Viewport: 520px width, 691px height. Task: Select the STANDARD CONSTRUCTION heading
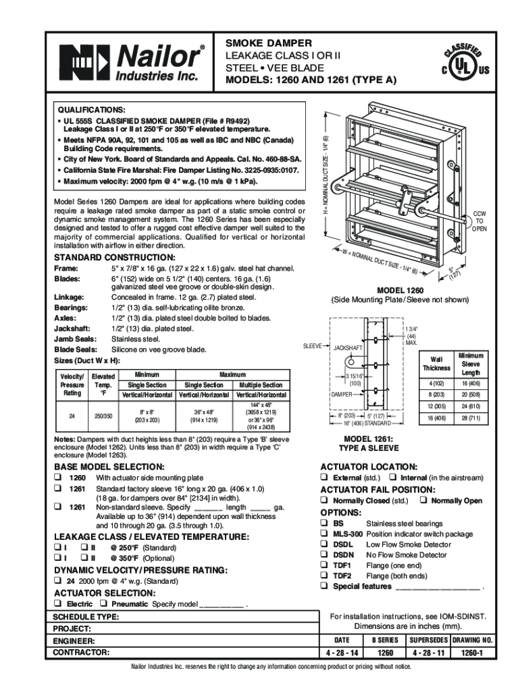[115, 258]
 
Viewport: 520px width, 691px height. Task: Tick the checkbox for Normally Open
[421, 501]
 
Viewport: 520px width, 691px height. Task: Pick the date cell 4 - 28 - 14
[342, 653]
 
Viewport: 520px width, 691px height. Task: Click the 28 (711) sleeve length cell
[470, 418]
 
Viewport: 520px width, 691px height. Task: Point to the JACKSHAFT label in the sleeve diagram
[348, 348]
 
